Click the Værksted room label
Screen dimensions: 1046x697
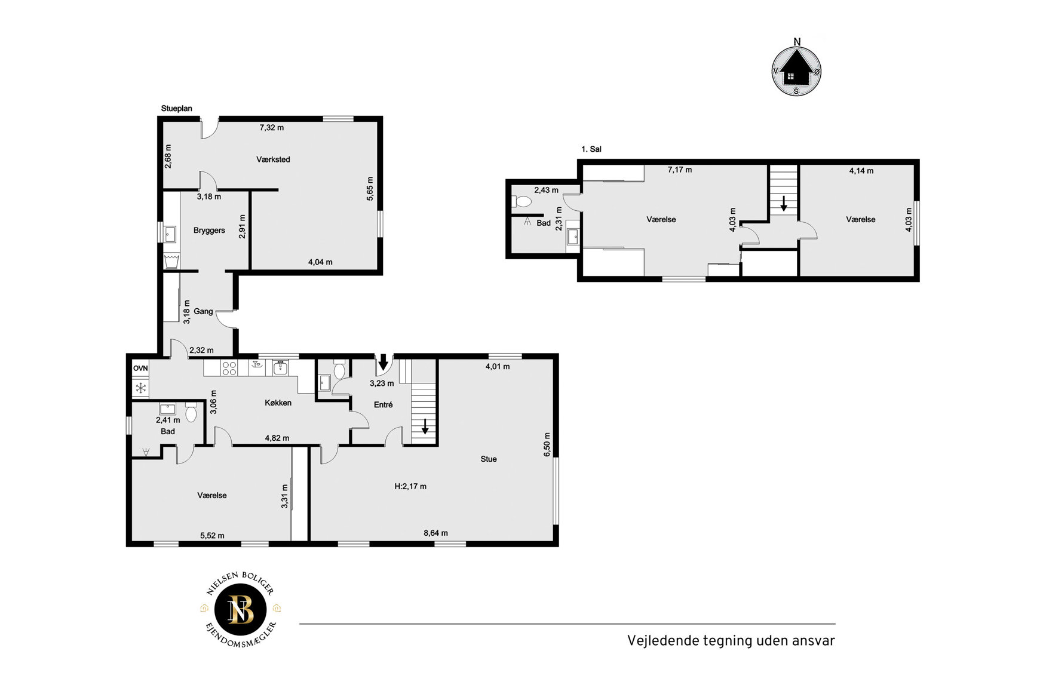point(273,159)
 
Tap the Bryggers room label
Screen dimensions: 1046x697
point(209,231)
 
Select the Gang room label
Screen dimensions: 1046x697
point(203,311)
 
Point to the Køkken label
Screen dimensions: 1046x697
point(278,403)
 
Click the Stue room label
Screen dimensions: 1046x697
point(489,459)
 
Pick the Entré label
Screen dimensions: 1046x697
point(383,404)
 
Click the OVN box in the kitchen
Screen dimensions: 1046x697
point(140,369)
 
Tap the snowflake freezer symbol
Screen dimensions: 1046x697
point(141,389)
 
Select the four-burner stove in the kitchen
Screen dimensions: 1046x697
point(229,368)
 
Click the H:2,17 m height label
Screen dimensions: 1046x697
point(410,486)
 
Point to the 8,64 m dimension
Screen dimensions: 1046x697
point(435,533)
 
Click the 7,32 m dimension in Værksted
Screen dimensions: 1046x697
point(271,127)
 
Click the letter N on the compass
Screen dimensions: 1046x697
point(797,41)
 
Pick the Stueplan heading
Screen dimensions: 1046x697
point(177,109)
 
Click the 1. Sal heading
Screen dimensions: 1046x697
point(591,149)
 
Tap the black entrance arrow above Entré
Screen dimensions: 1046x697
point(384,362)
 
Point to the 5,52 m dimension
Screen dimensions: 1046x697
point(212,536)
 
